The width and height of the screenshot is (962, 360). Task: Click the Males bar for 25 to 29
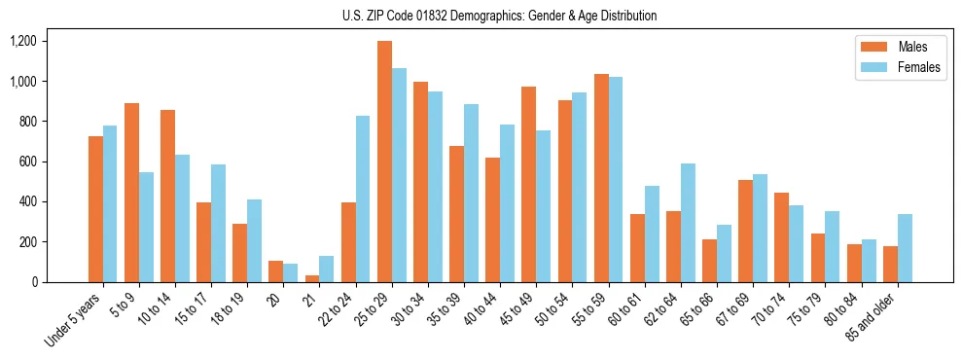384,162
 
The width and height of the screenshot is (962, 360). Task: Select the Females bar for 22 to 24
363,198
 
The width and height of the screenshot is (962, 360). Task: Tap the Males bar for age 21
312,278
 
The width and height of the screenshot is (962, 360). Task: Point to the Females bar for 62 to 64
688,223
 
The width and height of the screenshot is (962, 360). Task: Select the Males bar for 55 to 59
601,178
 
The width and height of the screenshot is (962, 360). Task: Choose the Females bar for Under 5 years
110,203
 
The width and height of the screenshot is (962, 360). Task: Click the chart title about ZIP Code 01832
499,16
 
